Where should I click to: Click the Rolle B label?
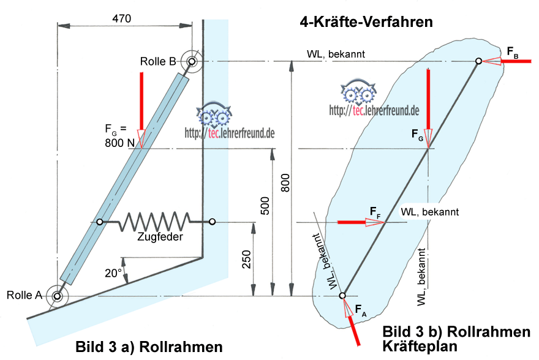[158, 61]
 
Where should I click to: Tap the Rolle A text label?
[24, 295]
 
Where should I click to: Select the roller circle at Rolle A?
[58, 297]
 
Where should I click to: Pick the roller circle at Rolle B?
[192, 61]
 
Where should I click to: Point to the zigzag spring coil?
[156, 221]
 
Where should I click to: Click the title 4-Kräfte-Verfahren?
[366, 23]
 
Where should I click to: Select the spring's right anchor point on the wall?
[213, 221]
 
